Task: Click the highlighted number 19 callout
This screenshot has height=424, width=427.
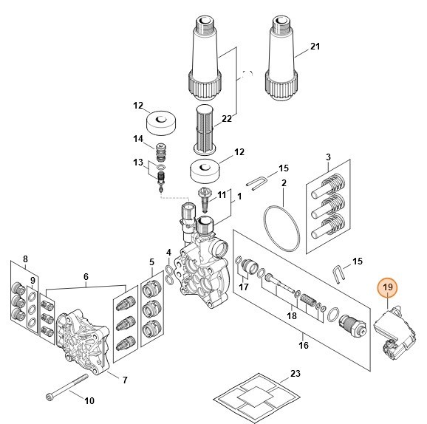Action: (388, 287)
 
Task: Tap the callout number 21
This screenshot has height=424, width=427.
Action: (315, 47)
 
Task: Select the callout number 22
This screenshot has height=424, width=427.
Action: (227, 119)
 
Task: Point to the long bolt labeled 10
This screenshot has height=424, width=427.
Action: (67, 386)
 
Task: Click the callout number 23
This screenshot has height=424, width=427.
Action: (296, 373)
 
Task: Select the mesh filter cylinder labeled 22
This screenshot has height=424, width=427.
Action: (204, 129)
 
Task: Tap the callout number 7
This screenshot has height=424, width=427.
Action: (125, 380)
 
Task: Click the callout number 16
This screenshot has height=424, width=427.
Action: (304, 345)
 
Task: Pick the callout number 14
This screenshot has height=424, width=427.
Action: (138, 139)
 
